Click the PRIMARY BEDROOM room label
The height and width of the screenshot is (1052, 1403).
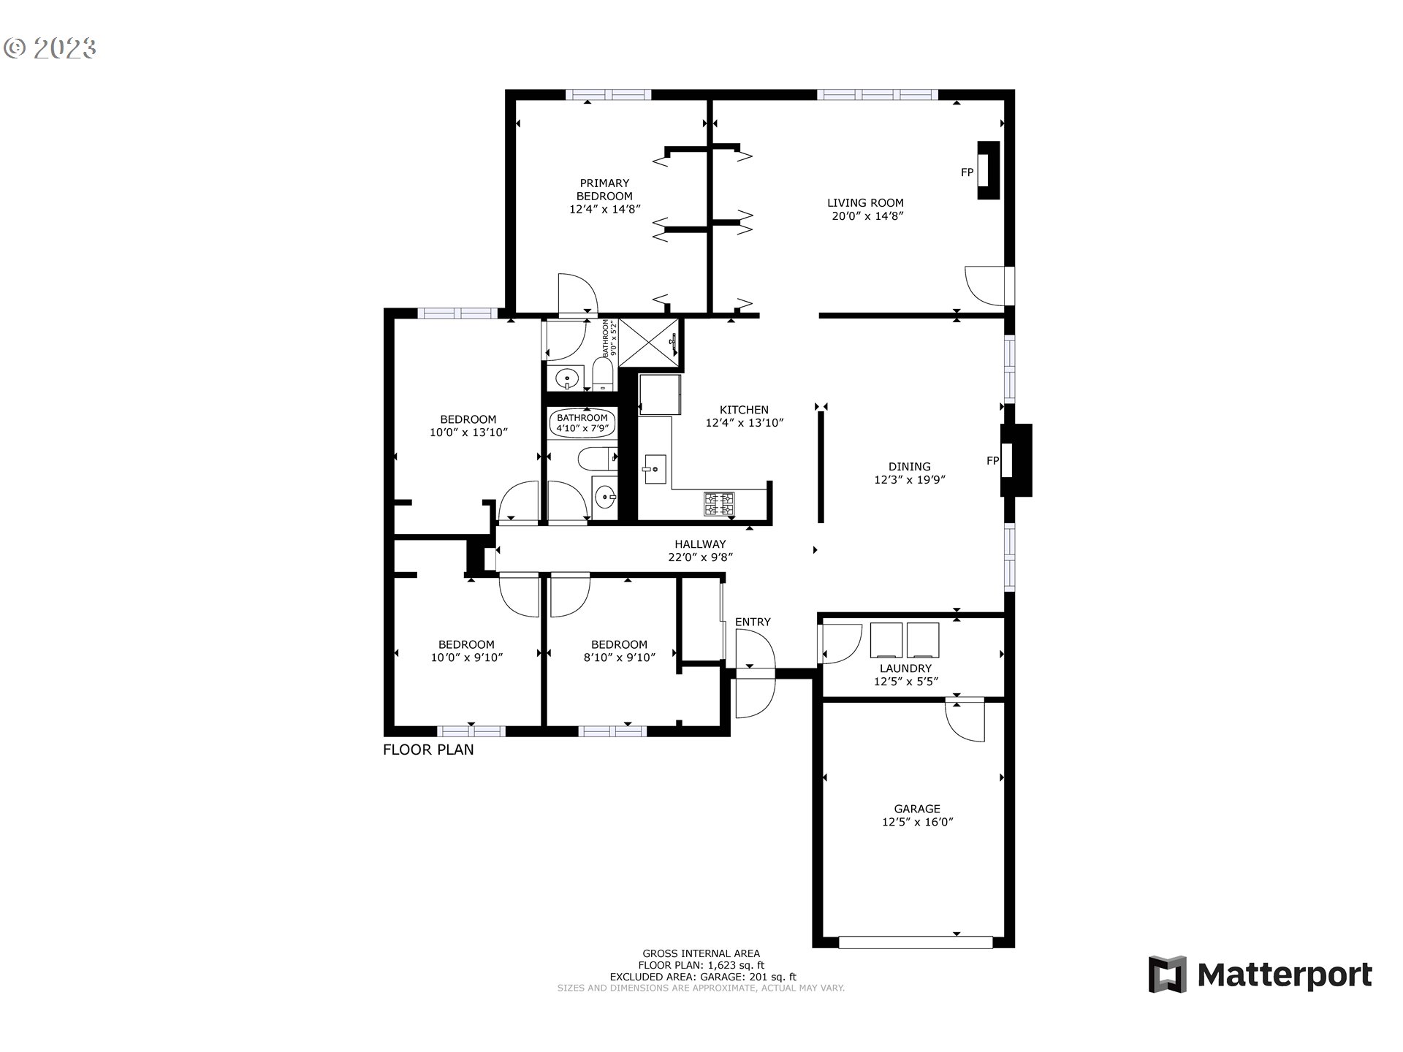coord(604,189)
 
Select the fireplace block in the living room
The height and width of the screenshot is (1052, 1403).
coord(988,171)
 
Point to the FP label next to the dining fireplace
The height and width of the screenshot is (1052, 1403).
coord(992,461)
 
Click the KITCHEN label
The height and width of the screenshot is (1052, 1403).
coord(744,410)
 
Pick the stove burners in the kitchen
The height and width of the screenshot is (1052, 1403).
coord(719,503)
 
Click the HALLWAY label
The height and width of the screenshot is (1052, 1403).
coord(700,544)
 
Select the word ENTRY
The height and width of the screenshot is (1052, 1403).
coord(753,622)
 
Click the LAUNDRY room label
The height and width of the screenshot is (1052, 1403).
coord(905,668)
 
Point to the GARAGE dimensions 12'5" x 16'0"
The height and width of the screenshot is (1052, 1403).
coord(918,822)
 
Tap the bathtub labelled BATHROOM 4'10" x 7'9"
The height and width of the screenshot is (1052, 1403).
coord(582,423)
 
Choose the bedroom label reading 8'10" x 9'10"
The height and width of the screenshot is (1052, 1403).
coord(619,657)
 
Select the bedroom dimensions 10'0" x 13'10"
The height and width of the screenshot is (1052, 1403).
coord(468,432)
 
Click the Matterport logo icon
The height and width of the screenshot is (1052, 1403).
coord(1167,974)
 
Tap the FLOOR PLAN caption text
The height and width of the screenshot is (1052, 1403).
coord(428,750)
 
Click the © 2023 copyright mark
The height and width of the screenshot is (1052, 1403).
coord(50,48)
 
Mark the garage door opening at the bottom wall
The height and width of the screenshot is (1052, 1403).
coord(915,942)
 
